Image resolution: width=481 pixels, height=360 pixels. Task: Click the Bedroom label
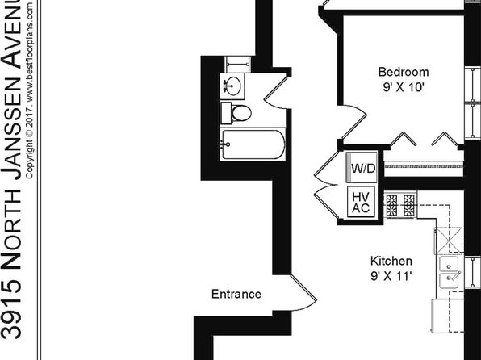[404, 72]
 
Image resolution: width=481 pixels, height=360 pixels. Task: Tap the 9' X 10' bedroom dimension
[404, 88]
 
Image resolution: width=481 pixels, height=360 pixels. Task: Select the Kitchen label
[391, 261]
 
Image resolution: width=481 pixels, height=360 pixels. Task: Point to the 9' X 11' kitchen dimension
[391, 276]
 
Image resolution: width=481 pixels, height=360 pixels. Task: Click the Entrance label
[236, 295]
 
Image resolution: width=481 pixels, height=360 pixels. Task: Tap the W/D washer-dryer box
[362, 167]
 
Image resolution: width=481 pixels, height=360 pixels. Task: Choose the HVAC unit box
[361, 202]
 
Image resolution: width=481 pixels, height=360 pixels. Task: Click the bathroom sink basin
[233, 86]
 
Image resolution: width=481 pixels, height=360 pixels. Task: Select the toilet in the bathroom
[236, 113]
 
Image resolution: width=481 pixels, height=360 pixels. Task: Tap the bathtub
[253, 144]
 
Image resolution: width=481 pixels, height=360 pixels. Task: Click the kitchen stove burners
[400, 205]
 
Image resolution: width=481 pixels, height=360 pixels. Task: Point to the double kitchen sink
[449, 273]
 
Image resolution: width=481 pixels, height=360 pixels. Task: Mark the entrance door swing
[304, 293]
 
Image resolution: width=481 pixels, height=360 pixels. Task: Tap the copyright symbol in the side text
[29, 133]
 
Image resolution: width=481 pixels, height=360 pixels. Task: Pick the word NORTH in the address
[11, 229]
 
